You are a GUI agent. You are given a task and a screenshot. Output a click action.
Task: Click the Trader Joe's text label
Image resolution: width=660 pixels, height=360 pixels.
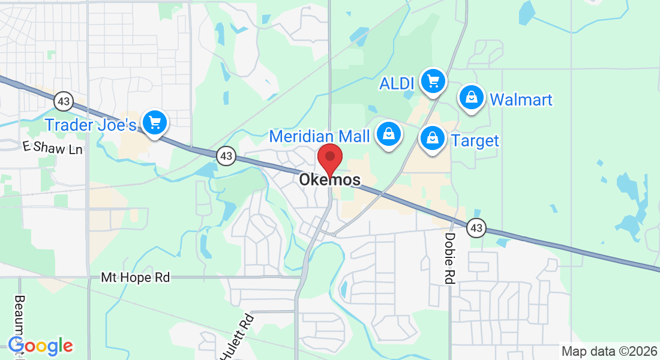(91, 125)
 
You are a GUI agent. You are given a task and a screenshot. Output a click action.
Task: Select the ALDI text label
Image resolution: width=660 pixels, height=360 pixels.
(398, 83)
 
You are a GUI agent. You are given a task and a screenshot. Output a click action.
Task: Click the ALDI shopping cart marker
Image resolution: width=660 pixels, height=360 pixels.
(433, 80)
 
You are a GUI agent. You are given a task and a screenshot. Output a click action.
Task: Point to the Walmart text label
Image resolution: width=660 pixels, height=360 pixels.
(521, 99)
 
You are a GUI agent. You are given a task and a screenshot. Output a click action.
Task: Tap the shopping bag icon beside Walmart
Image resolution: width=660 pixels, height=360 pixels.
(472, 97)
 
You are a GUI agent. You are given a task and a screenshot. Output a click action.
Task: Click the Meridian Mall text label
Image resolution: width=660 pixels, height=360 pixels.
(319, 136)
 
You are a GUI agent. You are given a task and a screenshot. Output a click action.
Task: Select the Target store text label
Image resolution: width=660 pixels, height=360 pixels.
(475, 141)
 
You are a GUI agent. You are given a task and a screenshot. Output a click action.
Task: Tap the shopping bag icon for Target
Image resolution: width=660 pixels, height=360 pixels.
(432, 139)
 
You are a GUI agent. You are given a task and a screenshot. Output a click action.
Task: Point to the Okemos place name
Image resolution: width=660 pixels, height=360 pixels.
(330, 180)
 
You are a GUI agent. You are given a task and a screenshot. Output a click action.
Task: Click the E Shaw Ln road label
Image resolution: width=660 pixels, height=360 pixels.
(52, 147)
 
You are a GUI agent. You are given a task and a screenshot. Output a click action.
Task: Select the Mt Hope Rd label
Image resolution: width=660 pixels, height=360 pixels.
(135, 277)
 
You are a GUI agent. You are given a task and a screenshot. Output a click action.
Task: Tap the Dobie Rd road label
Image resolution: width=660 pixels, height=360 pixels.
(449, 258)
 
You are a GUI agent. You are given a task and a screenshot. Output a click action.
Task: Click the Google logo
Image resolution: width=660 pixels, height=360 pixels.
(40, 346)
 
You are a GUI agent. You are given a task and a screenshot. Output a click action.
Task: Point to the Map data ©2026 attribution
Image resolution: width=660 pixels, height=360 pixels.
(608, 351)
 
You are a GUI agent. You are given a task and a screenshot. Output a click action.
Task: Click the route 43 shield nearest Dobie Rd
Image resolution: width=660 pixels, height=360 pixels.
(476, 227)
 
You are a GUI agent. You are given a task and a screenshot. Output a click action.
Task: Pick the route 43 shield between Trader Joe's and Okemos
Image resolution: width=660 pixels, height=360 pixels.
(226, 156)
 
